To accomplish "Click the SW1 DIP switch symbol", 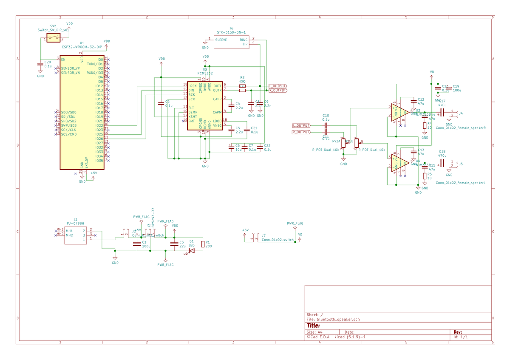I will pos(54,38).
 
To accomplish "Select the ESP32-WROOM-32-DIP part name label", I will pos(82,47).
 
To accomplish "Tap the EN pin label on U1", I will pos(63,60).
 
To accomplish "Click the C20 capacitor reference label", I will pos(48,62).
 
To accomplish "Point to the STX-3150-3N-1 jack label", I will pos(231,32).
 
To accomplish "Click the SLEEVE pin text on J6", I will pos(221,40).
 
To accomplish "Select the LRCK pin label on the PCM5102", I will pos(193,86).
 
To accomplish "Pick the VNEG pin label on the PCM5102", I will pos(217,125).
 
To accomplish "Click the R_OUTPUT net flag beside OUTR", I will pos(278,90).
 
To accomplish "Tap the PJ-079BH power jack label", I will pos(75,223).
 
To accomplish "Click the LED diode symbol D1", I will pos(192,251).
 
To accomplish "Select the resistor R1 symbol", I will pos(202,244).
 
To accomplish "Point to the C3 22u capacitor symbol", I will pos(173,244).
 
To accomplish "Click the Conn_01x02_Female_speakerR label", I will pos(461,128).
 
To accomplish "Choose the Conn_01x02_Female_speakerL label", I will pos(461,183).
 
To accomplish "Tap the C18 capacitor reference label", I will pos(442,151).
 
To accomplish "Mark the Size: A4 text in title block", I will pos(315,332).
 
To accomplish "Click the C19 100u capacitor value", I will pos(457,90).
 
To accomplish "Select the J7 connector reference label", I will pos(264,235).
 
